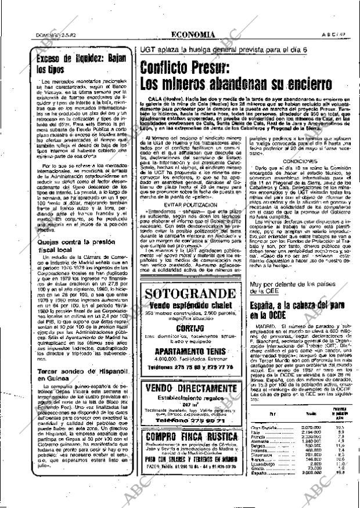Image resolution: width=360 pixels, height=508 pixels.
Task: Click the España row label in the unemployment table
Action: [x=261, y=489]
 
